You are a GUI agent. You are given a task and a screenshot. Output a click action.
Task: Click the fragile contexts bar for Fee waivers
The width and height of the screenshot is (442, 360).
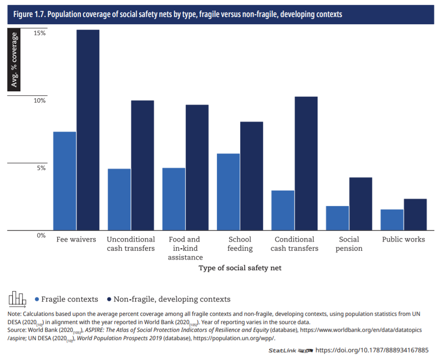pos(65,181)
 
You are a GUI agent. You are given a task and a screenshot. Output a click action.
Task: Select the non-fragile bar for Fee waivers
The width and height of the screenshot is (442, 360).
pos(88,130)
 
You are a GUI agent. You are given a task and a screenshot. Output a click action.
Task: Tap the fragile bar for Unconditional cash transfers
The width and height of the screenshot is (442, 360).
pos(119,199)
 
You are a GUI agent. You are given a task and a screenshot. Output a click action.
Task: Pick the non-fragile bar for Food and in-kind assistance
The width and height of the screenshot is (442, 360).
pos(197,167)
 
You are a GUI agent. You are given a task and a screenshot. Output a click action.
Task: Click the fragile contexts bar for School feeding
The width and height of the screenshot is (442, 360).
pos(228,191)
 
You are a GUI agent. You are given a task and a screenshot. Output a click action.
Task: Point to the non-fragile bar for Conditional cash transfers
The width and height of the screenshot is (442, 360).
pos(306,163)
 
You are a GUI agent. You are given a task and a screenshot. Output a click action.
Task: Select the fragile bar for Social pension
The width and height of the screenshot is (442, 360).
pos(337,218)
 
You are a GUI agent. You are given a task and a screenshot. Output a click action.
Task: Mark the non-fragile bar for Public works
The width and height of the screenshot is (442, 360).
pos(415,214)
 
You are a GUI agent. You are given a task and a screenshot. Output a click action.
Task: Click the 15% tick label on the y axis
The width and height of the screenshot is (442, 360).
pos(39,33)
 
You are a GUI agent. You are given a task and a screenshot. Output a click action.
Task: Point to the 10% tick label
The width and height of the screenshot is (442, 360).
pos(39,101)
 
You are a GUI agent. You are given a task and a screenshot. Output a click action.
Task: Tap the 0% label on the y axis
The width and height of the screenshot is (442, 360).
pos(41,235)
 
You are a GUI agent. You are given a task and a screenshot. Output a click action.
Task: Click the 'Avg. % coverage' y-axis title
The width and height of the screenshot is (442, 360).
pos(15,60)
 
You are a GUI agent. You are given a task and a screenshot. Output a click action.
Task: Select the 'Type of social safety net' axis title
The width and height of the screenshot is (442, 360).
pos(240,268)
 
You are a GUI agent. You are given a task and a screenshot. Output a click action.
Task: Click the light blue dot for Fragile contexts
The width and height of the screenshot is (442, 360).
pos(36,299)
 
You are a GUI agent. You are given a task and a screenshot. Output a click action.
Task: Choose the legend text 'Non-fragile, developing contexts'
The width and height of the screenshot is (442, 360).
pos(172,299)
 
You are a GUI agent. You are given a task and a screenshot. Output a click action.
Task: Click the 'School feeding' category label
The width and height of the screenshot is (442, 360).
pos(240,244)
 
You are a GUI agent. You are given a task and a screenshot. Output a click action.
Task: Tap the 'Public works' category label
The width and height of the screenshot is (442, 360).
pos(403,240)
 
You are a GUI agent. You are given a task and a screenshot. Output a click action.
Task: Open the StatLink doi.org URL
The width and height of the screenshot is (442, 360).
pos(372,350)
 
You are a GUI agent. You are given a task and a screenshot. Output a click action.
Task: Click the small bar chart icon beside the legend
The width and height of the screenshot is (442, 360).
pos(18,299)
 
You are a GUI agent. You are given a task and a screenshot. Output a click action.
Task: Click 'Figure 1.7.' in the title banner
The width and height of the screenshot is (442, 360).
pos(29,15)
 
